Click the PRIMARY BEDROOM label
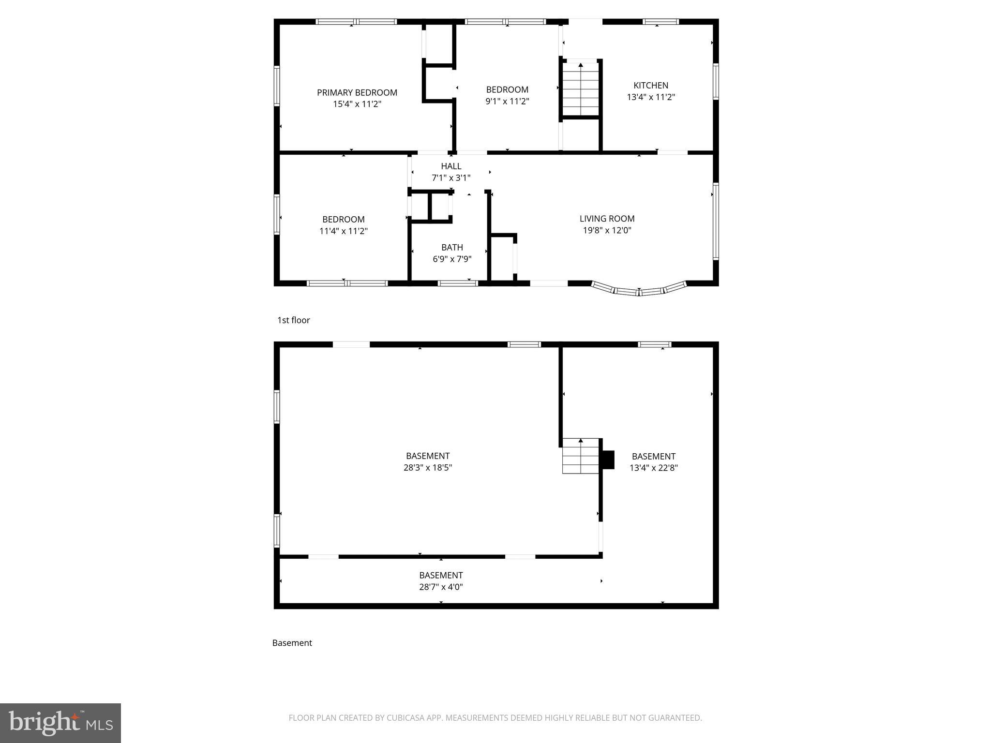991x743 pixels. tap(357, 92)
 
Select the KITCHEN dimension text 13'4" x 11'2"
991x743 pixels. tap(651, 97)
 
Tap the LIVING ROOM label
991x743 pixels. tap(607, 219)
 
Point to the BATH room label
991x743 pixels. tap(452, 247)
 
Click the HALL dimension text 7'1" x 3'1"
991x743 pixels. tap(451, 178)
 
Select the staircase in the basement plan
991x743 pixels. tap(580, 456)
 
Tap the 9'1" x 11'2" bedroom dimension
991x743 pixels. tap(507, 101)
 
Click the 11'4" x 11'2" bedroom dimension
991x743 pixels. tap(343, 231)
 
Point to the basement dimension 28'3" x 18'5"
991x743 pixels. tap(428, 467)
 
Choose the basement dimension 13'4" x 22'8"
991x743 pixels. tap(653, 468)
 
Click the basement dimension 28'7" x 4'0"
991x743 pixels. tap(441, 587)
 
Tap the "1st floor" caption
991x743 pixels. tap(293, 320)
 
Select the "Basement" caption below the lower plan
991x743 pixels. tap(292, 643)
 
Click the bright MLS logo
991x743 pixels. tap(60, 723)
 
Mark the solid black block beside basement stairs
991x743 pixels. tap(608, 460)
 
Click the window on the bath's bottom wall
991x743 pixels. tap(457, 283)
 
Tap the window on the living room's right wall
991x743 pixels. tap(716, 222)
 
